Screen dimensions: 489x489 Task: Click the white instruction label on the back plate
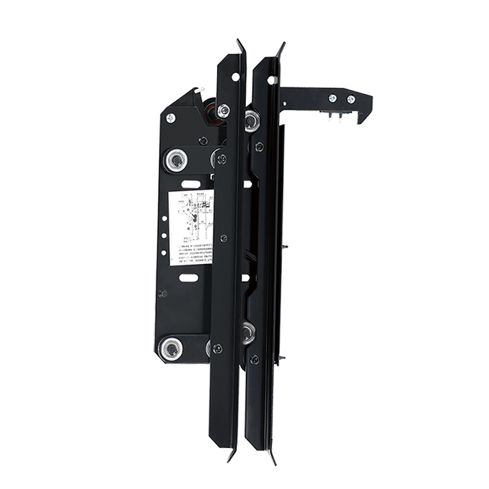(192, 227)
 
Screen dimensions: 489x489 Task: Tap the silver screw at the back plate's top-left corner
(170, 118)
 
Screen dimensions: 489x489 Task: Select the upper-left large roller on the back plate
(175, 159)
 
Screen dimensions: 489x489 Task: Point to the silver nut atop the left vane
(223, 111)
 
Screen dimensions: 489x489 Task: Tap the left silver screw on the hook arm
(333, 98)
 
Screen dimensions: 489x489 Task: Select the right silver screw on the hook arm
(351, 99)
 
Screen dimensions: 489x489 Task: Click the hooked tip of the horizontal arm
(363, 116)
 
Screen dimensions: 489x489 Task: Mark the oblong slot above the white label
(188, 184)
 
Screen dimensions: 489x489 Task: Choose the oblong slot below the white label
(188, 278)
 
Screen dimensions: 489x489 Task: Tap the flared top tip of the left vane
(240, 46)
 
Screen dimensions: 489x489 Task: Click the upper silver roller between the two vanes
(252, 120)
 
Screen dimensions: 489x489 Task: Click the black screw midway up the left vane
(224, 238)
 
